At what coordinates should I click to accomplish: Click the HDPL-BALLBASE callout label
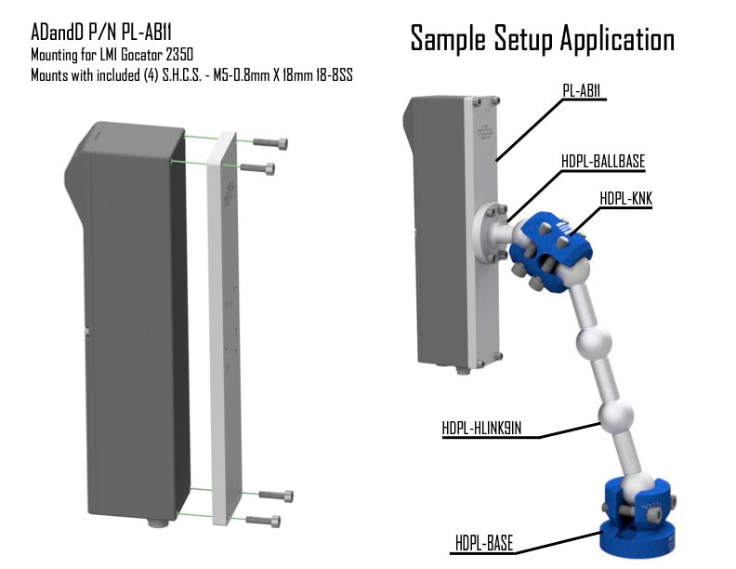603,162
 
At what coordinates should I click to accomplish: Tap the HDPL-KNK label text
625,199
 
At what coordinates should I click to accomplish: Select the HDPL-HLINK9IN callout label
481,429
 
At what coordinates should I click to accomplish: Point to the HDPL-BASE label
484,544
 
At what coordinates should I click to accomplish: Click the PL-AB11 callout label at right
582,90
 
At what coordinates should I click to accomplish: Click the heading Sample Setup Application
542,39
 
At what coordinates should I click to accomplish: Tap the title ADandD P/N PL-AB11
101,33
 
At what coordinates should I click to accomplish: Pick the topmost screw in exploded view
269,143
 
